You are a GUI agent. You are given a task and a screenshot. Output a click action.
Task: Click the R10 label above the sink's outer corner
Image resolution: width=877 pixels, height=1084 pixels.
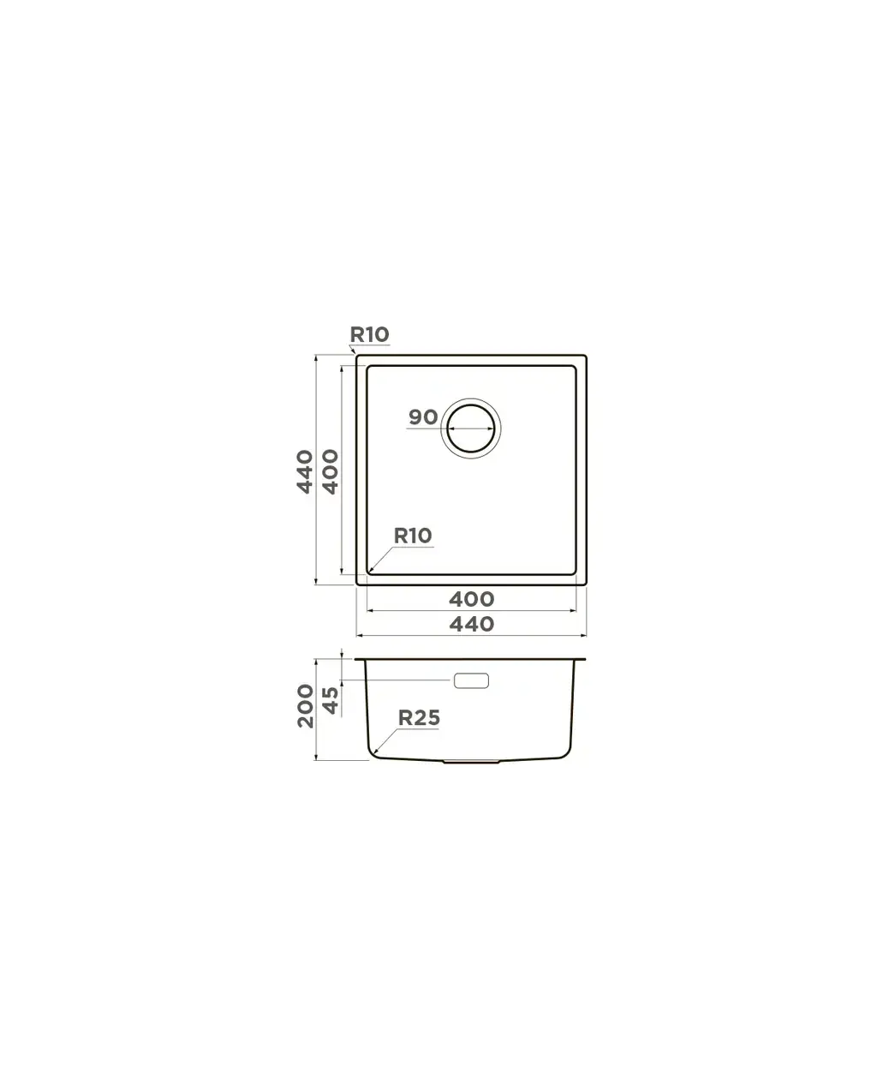coord(369,334)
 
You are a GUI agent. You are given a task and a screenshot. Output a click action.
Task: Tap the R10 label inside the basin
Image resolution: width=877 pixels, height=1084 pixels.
coord(413,536)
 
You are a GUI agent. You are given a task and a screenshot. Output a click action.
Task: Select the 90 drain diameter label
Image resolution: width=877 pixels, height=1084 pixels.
coord(423,417)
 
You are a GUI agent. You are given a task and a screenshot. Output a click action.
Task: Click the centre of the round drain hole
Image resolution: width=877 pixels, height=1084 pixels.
coord(470,428)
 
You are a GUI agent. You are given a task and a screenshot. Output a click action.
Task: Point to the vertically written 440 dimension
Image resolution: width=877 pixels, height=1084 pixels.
coord(305,472)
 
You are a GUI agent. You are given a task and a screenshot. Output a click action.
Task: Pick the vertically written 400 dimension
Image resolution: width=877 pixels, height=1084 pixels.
coord(330,472)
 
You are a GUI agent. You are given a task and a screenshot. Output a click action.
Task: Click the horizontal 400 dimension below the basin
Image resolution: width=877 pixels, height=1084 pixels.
coord(472,599)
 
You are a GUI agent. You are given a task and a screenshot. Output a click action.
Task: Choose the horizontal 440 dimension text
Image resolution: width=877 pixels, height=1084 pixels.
coord(472,624)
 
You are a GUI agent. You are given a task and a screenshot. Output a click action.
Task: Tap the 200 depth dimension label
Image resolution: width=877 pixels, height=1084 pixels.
coord(305,706)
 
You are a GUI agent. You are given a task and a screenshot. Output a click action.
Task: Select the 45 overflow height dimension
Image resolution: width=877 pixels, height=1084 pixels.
coord(330,700)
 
